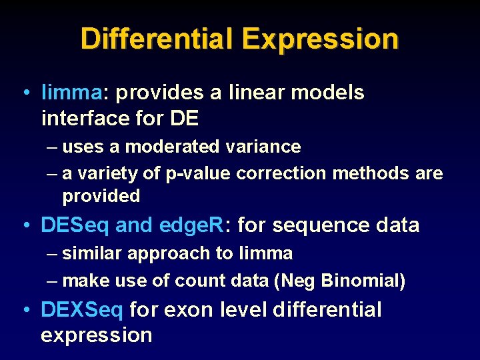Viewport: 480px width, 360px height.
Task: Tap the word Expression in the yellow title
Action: point(320,40)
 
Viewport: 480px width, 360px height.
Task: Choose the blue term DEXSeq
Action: point(82,309)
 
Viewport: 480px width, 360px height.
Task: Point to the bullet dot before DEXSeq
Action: point(24,309)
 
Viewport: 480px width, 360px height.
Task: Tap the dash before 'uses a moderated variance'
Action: point(53,147)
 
